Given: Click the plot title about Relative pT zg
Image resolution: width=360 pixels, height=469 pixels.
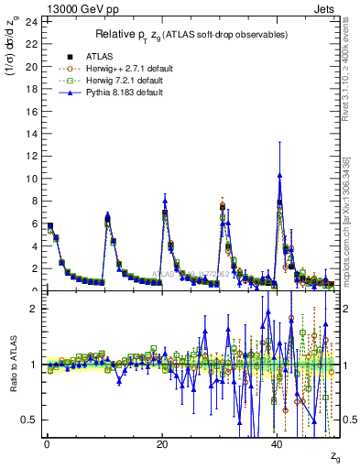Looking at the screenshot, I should click(192, 35).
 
